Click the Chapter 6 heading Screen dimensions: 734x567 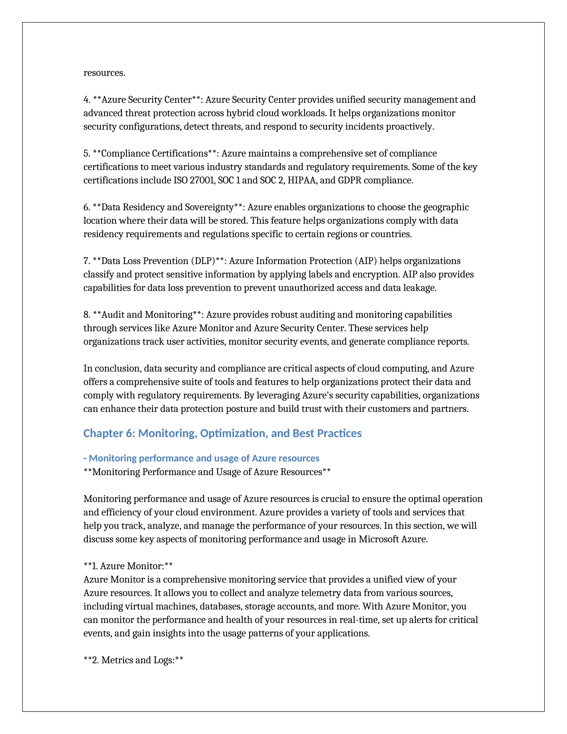pos(222,433)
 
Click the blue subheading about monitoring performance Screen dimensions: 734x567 pos(201,458)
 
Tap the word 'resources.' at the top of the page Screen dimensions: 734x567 pos(104,73)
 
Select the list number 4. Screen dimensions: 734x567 pos(87,100)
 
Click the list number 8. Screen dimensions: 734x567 pos(87,315)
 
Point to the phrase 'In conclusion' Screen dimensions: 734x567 pos(112,369)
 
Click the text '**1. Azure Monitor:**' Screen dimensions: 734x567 pos(128,566)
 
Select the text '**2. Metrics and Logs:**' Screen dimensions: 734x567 pos(133,660)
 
